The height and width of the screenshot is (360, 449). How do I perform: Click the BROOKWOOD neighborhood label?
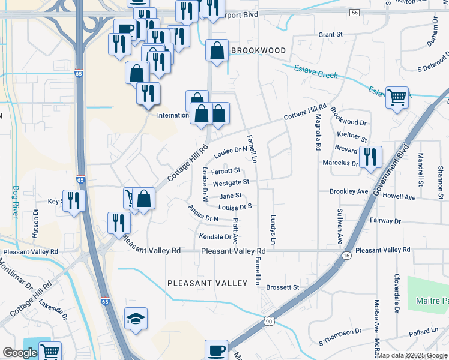point(258,51)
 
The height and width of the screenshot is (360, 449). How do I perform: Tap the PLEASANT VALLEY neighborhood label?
point(207,283)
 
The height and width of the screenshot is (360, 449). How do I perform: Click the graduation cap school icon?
point(136,319)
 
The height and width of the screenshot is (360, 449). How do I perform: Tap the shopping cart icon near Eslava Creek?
point(397,97)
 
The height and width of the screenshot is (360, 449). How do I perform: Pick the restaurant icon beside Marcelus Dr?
point(370,157)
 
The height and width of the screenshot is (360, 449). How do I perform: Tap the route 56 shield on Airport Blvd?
point(355,13)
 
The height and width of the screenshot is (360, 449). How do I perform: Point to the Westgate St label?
point(231,182)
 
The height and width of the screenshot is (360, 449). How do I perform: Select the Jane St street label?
point(231,196)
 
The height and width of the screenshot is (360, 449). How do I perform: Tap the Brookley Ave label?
point(348,191)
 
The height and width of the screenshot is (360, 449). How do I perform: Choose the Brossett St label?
point(282,287)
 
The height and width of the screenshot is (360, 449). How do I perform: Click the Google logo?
point(20,353)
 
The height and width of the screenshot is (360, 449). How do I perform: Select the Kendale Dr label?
point(215,236)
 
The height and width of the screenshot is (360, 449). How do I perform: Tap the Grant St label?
point(330,35)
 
